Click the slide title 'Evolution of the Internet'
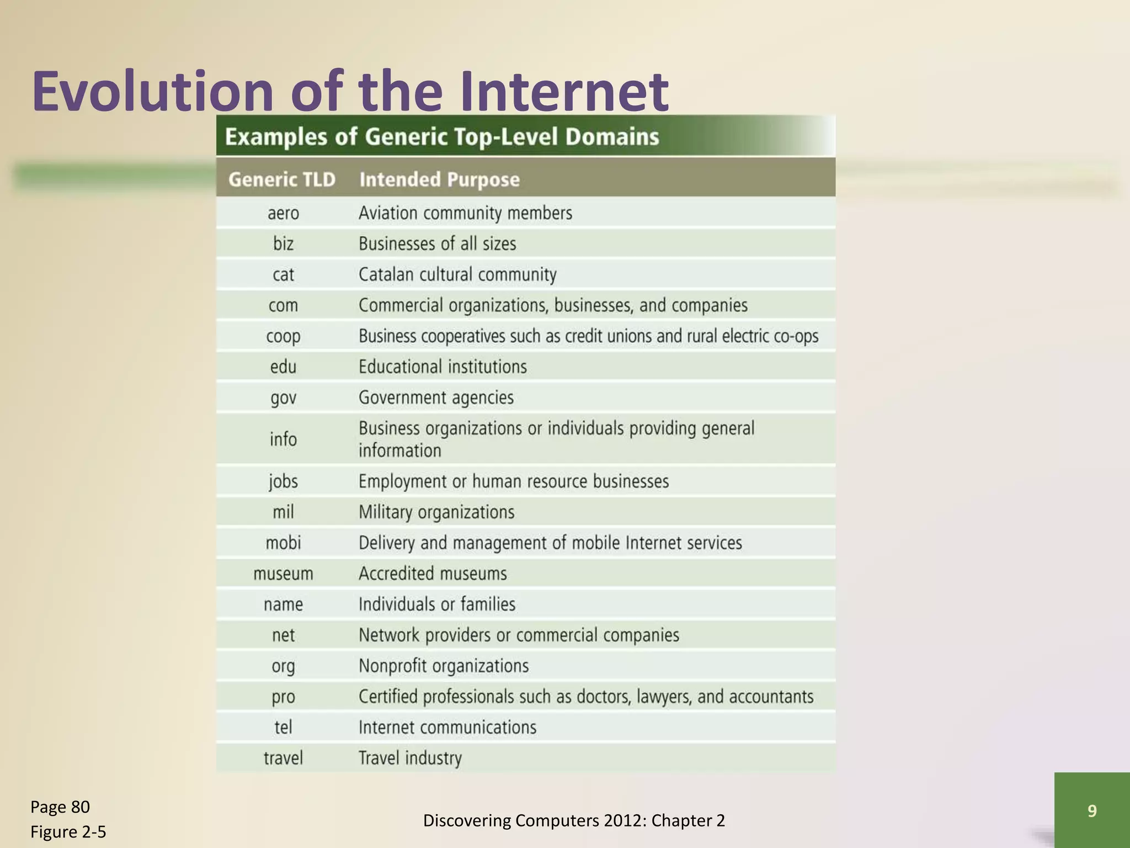[350, 91]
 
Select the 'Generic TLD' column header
[282, 179]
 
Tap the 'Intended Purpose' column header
[439, 179]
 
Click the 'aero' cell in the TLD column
[283, 213]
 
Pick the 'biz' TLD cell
[283, 243]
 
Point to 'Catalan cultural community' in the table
[457, 274]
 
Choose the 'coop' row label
[283, 336]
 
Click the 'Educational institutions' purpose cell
[443, 367]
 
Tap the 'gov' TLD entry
[283, 397]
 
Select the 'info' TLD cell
[283, 439]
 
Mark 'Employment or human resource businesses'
[513, 481]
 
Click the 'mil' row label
[283, 512]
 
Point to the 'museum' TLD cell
[283, 574]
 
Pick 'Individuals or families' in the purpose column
[437, 604]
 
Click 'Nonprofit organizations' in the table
[444, 666]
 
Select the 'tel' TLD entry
[283, 727]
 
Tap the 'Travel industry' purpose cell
[410, 758]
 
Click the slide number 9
[1092, 810]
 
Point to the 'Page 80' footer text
[60, 807]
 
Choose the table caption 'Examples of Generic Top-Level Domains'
[442, 136]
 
